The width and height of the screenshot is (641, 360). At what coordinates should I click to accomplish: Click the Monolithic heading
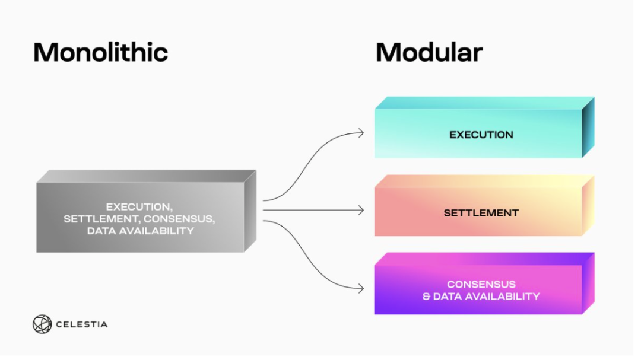coord(100,52)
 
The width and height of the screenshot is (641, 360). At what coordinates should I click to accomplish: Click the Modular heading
coord(429,52)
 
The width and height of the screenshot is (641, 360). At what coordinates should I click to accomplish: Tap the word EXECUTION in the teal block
coord(481,135)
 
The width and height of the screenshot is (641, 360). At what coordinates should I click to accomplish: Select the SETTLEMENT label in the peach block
coord(481,212)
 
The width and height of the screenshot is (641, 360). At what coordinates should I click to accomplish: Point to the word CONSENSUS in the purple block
coord(481,284)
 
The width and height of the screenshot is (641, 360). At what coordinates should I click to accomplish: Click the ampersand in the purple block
coord(426,296)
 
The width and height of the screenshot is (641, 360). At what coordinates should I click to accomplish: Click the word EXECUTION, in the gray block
coord(139,207)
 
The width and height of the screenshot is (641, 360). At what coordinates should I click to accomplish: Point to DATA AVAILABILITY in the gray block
coord(140,231)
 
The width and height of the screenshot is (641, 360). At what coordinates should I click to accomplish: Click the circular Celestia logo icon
coord(42,324)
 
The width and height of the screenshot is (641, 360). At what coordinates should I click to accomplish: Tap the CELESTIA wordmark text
coord(81,324)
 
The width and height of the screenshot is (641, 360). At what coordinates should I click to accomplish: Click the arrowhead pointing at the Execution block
coord(361,133)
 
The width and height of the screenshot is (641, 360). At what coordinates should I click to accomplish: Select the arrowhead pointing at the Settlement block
coord(361,210)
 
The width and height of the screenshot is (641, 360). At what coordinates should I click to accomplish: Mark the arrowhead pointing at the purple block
coord(361,289)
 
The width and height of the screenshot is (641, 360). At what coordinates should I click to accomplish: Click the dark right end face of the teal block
coord(588,128)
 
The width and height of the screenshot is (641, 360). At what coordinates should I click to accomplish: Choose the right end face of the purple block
coord(588,283)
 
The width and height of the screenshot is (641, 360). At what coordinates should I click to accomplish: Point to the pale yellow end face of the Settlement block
coord(588,206)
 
